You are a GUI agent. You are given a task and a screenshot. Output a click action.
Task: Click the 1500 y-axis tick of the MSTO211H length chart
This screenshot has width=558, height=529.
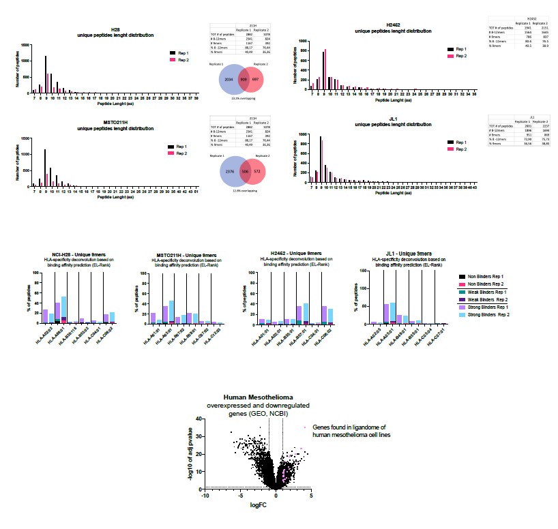tap(25, 138)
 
